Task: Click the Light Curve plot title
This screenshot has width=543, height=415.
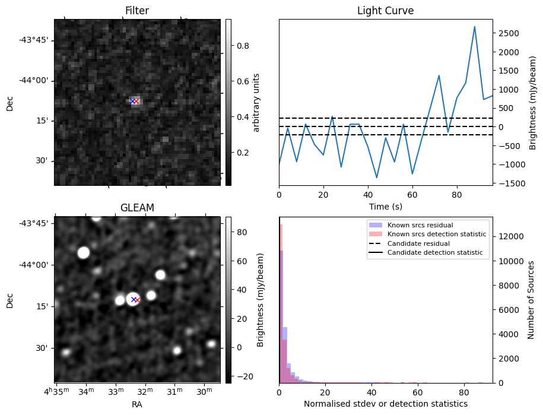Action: [385, 11]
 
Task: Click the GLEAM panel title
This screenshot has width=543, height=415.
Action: [137, 208]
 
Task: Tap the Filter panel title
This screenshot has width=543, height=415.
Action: [137, 11]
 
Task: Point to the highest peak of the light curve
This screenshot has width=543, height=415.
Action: [475, 27]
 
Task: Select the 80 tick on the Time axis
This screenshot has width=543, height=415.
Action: [457, 194]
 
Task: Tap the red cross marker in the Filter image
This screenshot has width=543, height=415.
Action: [136, 102]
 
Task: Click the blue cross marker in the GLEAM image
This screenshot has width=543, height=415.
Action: [134, 300]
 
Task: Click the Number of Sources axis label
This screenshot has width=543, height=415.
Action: [532, 300]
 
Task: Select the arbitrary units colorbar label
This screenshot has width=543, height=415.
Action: [256, 102]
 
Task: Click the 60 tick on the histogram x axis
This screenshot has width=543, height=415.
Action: [417, 392]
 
